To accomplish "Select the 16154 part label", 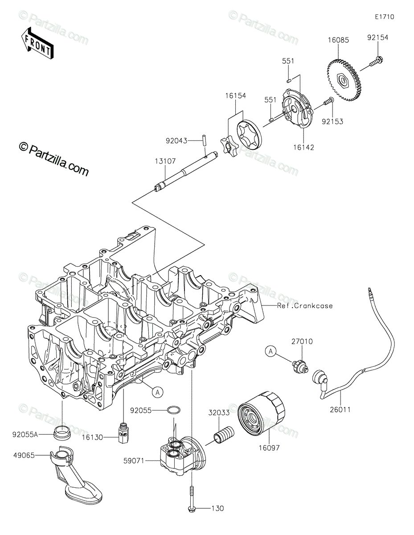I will click(x=235, y=95).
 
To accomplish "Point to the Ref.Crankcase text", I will click(x=305, y=306).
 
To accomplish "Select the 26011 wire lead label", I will click(x=340, y=408).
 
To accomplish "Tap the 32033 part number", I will click(x=219, y=413).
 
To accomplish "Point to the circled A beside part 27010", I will click(x=270, y=351).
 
